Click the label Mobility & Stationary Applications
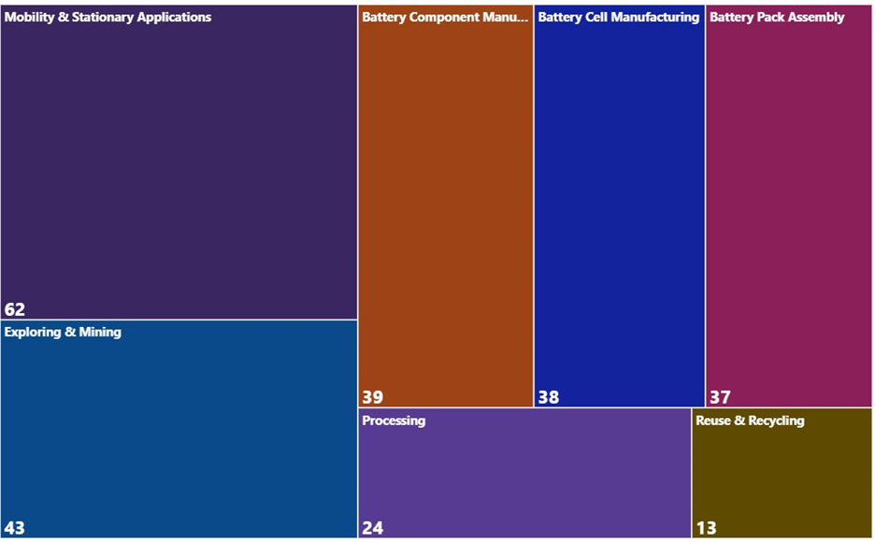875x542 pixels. point(108,17)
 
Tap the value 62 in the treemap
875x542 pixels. point(15,309)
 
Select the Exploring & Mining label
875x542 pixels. point(63,332)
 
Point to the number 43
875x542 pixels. point(15,528)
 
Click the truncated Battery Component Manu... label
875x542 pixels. point(445,17)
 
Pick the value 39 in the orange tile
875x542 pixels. point(372,397)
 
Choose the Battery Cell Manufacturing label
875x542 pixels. point(618,17)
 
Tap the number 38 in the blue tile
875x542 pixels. point(548,397)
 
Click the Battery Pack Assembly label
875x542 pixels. point(777,17)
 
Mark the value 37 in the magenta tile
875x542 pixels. point(720,397)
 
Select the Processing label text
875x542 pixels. point(394,421)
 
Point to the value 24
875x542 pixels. point(372,528)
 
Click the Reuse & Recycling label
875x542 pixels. point(750,421)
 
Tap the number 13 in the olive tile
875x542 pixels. point(706,528)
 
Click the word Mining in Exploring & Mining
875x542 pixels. point(100,332)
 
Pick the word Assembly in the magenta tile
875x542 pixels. point(814,17)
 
